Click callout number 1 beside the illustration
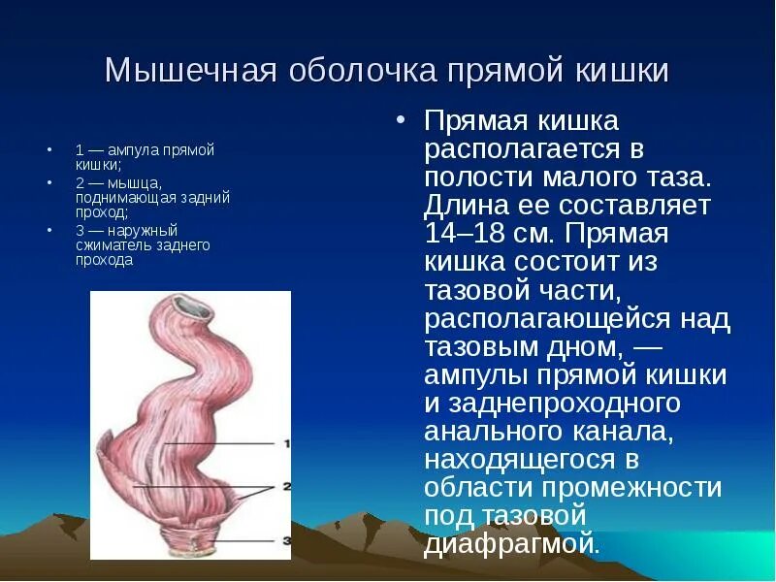point(287,444)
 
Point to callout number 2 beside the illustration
point(287,486)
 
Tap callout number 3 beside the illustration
point(287,538)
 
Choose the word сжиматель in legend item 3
point(106,245)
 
